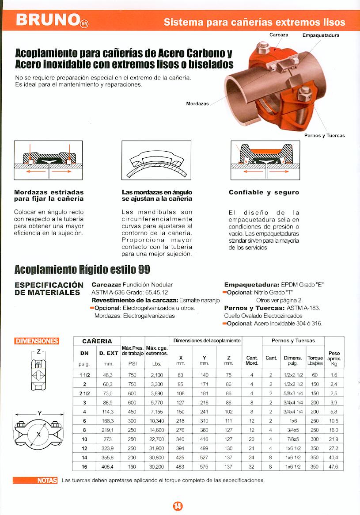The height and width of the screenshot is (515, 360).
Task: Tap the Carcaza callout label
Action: [279, 34]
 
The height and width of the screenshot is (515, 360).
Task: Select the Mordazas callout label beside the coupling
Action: [197, 103]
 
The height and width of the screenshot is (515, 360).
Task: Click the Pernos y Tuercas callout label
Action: [325, 135]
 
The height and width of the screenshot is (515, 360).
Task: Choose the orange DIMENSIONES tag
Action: [37, 341]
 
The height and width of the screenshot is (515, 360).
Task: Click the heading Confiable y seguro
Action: [264, 192]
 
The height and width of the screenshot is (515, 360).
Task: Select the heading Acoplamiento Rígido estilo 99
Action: [82, 269]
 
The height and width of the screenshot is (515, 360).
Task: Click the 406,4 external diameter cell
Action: [108, 467]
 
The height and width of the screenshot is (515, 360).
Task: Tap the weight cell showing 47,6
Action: [334, 467]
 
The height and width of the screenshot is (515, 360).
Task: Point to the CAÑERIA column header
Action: [97, 341]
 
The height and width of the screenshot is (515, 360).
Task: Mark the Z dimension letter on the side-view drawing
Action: [39, 351]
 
